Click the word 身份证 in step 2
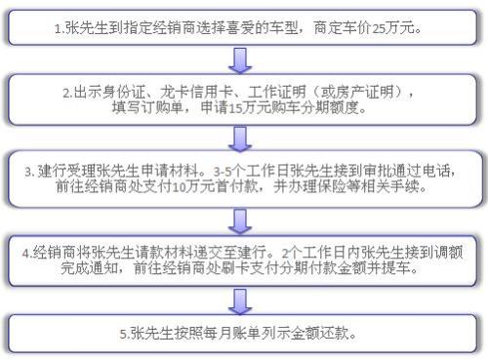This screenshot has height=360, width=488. pyautogui.click(x=123, y=93)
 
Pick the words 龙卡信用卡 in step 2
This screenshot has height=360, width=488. pyautogui.click(x=176, y=93)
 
